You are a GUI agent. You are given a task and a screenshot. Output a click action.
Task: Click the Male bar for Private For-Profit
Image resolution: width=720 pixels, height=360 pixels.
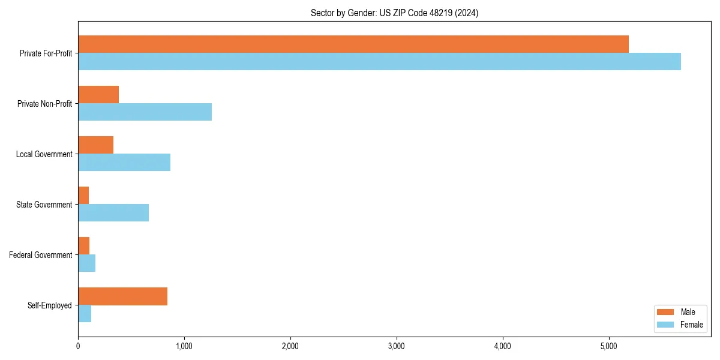353,44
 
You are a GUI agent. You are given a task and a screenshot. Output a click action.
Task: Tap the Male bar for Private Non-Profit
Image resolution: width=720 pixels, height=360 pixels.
98,95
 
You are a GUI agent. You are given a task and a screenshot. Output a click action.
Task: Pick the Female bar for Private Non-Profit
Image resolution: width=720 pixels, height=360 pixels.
145,112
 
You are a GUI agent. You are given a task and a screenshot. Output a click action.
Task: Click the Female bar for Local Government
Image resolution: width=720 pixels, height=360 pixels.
124,163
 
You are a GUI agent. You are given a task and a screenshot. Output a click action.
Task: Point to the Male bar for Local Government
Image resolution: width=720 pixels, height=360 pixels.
96,145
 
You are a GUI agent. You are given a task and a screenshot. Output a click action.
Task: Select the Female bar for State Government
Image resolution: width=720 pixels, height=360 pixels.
113,213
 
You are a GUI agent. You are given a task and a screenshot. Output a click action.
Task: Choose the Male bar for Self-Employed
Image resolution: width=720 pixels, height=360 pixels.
122,296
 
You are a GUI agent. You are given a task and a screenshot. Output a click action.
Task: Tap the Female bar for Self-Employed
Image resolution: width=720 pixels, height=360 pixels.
85,314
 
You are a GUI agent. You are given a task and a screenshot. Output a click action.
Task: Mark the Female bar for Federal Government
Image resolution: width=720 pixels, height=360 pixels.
87,263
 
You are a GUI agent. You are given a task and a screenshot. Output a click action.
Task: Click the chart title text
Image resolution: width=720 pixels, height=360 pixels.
394,13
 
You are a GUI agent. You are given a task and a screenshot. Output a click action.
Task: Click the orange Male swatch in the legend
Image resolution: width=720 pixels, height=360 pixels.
666,312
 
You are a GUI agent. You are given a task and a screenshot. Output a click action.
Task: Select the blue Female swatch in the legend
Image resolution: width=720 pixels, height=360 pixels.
666,325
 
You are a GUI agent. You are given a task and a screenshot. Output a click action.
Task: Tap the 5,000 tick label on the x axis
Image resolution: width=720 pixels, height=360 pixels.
609,346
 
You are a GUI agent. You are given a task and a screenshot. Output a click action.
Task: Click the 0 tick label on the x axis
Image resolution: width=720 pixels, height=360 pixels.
78,346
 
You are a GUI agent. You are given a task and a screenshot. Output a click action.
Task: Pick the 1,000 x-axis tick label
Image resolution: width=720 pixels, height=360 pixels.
184,346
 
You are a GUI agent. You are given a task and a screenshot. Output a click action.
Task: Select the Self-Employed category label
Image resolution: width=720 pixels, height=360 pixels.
50,305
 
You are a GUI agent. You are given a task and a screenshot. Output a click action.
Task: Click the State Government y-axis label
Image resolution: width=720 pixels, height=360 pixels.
44,205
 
